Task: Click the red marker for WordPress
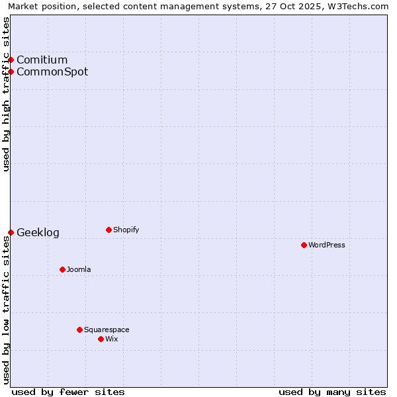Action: pyautogui.click(x=304, y=245)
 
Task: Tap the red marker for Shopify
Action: pyautogui.click(x=109, y=230)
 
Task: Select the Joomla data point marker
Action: pyautogui.click(x=62, y=269)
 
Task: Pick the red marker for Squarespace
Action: pyautogui.click(x=79, y=330)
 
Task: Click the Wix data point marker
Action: pyautogui.click(x=101, y=339)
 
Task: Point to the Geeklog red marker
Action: pyautogui.click(x=11, y=232)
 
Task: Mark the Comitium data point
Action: pyautogui.click(x=11, y=60)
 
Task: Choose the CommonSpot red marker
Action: pyautogui.click(x=11, y=71)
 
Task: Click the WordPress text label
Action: pyautogui.click(x=327, y=245)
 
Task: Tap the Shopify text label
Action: pyautogui.click(x=126, y=230)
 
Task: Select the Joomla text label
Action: pyautogui.click(x=79, y=269)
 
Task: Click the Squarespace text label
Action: pyautogui.click(x=107, y=330)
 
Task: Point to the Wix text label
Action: pyautogui.click(x=112, y=339)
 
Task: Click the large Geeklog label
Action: pyautogui.click(x=38, y=232)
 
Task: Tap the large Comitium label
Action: pyautogui.click(x=42, y=60)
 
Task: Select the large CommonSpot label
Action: pyautogui.click(x=52, y=71)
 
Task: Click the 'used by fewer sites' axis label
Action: pyautogui.click(x=68, y=392)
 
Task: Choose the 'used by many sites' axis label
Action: pyautogui.click(x=332, y=392)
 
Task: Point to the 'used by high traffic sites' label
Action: pyautogui.click(x=7, y=94)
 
